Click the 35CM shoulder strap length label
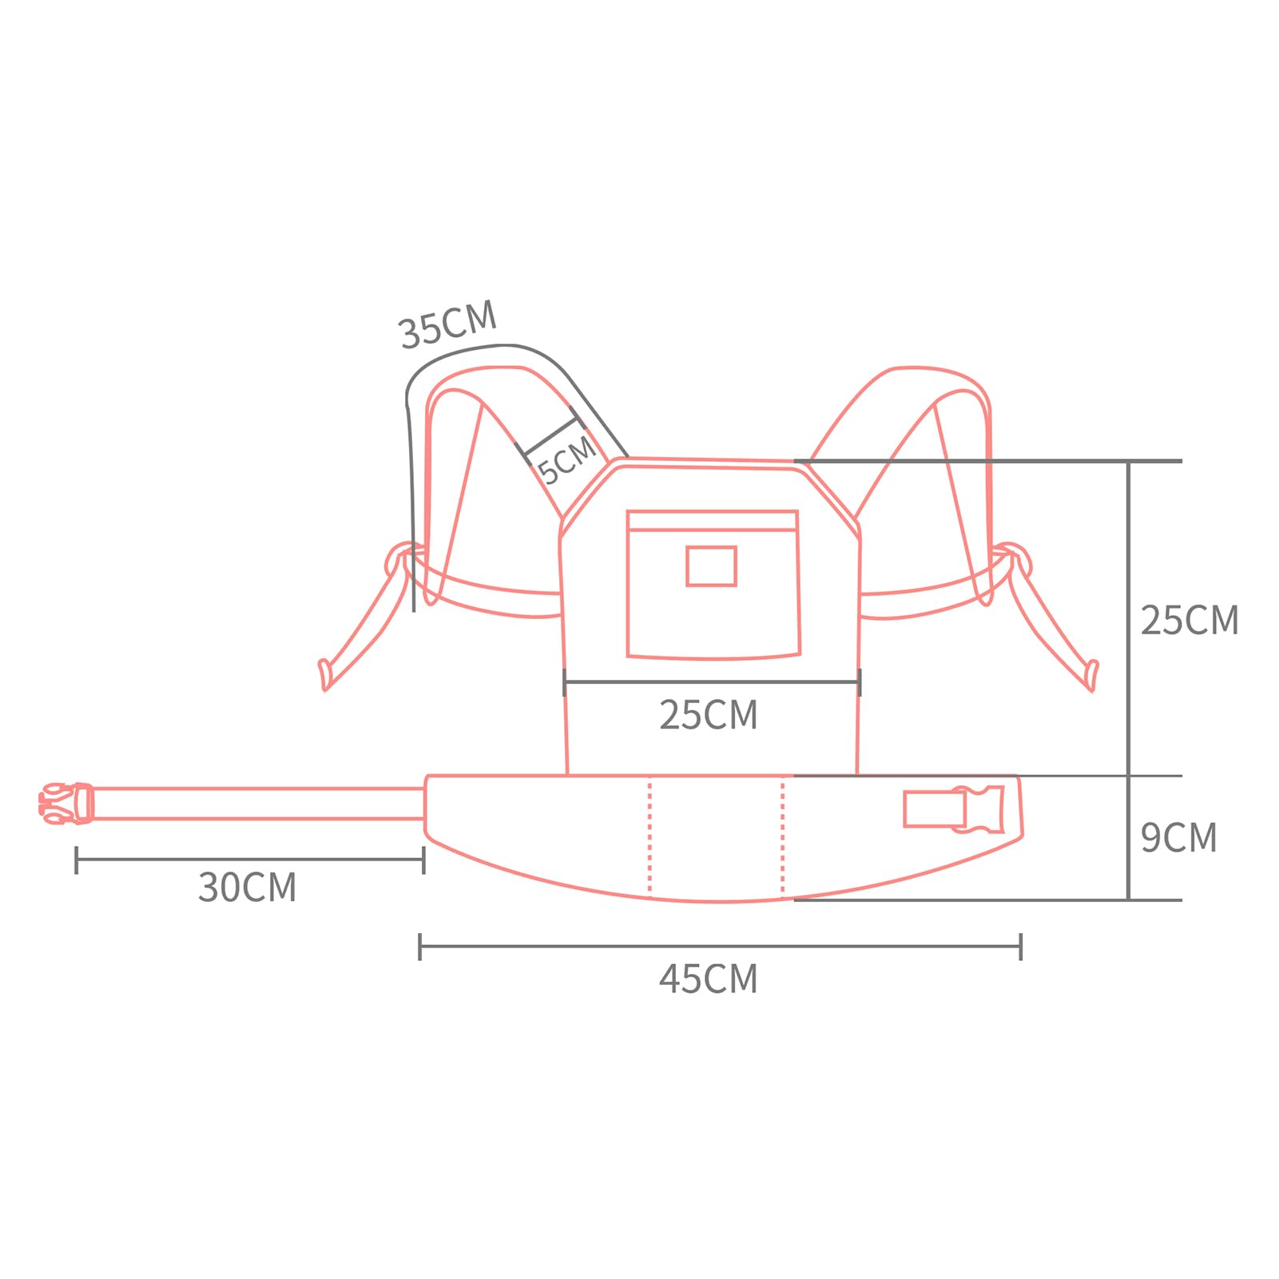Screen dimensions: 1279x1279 [448, 324]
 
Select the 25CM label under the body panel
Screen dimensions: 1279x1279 [709, 715]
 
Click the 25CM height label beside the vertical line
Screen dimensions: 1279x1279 [1190, 620]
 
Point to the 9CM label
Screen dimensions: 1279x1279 [1178, 837]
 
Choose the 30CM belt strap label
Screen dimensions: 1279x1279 [248, 888]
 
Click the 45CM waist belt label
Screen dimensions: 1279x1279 [709, 979]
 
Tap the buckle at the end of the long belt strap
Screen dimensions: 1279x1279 [66, 803]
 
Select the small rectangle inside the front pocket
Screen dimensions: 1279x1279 [711, 566]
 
